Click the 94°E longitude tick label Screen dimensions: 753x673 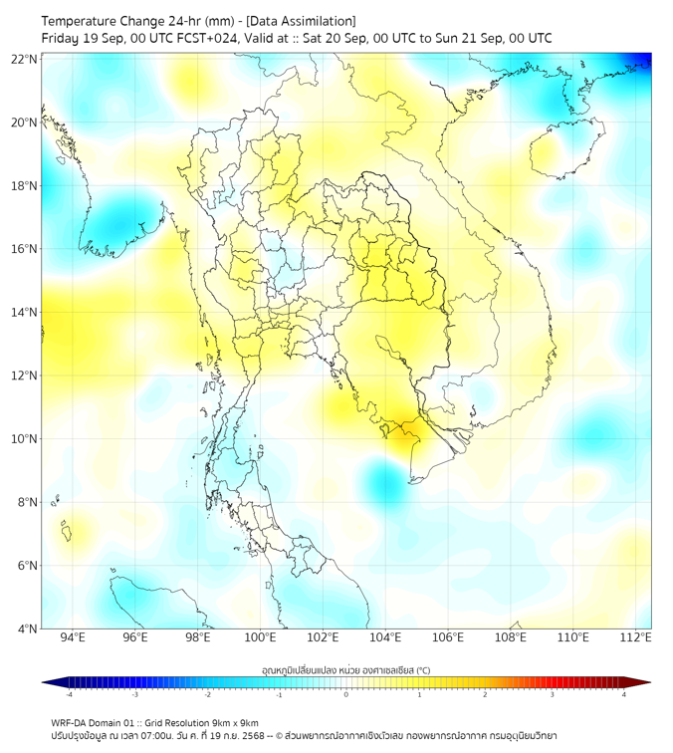(x=73, y=637)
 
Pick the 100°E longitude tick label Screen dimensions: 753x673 (x=261, y=637)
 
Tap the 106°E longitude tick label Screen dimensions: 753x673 (x=448, y=637)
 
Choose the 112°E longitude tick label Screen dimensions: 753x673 (x=635, y=637)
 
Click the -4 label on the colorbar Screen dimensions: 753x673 (x=68, y=694)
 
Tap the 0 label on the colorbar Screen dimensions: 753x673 (x=346, y=694)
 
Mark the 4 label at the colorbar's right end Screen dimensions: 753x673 (x=624, y=694)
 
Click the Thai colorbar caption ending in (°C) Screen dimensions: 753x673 (x=344, y=669)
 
